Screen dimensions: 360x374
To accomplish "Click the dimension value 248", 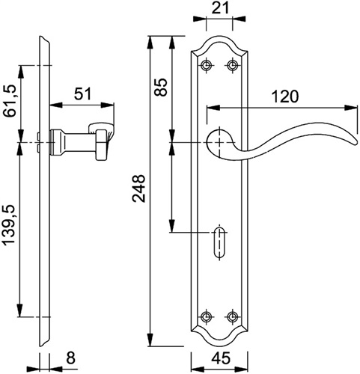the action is point(138,188).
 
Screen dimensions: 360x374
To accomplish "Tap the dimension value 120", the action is point(284,96).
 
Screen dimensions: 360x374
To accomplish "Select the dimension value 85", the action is point(160,87).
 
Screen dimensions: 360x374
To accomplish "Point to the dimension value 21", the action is point(220,8).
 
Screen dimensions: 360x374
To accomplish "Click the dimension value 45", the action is point(221,358).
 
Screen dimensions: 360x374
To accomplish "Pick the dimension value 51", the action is point(83,94).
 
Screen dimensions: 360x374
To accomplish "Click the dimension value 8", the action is point(71,358).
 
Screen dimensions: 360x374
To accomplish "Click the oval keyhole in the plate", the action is point(220,242).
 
